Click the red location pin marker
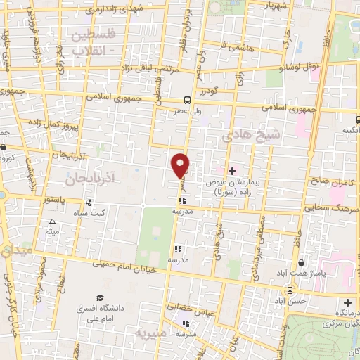pyautogui.click(x=181, y=165)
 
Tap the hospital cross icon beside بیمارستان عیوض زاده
pyautogui.click(x=233, y=171)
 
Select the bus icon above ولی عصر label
pyautogui.click(x=186, y=100)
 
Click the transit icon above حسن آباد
pyautogui.click(x=290, y=290)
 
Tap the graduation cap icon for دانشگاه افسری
pyautogui.click(x=99, y=298)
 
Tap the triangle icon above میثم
pyautogui.click(x=51, y=223)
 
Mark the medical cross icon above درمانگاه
pyautogui.click(x=347, y=302)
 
